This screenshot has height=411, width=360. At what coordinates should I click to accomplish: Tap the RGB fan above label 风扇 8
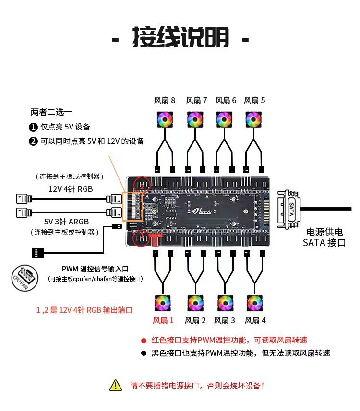(x=165, y=119)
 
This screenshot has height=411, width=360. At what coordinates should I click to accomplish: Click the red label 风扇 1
(x=163, y=320)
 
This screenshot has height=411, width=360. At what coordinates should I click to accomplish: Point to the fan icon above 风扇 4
(x=254, y=303)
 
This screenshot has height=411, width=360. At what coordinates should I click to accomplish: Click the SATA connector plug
(x=291, y=210)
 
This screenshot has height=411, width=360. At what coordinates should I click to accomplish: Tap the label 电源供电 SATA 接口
(x=324, y=237)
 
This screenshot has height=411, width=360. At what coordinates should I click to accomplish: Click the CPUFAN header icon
(x=24, y=277)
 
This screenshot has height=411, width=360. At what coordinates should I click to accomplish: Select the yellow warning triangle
(x=116, y=385)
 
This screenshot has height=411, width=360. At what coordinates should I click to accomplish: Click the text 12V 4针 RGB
(x=71, y=189)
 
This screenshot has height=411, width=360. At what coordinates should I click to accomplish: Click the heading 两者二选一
(x=51, y=113)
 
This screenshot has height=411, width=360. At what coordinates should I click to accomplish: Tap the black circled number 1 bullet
(x=33, y=127)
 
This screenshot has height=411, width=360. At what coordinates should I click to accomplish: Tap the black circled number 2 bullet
(x=33, y=141)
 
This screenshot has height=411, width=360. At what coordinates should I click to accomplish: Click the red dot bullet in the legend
(x=143, y=341)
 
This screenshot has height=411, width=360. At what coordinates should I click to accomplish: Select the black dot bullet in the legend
(x=143, y=353)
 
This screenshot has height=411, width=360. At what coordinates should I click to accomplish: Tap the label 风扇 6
(x=226, y=100)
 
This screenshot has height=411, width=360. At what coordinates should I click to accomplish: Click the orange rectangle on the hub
(x=132, y=207)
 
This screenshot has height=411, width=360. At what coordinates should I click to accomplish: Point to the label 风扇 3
(x=225, y=320)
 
